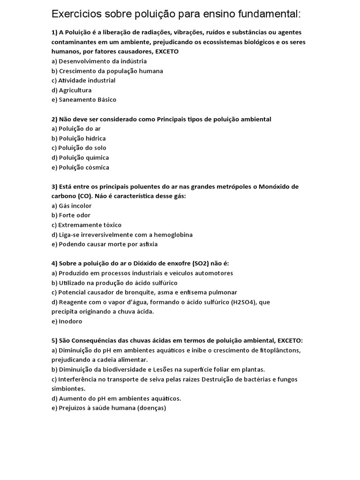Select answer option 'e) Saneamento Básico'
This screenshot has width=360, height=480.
(x=84, y=100)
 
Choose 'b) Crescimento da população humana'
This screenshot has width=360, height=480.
(x=107, y=71)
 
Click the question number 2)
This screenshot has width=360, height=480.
(x=54, y=120)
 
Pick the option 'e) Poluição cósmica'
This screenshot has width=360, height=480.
(x=80, y=167)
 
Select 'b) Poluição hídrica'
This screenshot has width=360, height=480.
(x=79, y=138)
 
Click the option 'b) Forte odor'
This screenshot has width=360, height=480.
(x=71, y=215)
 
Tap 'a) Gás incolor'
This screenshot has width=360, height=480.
(x=72, y=206)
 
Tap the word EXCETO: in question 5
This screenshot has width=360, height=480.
(x=290, y=340)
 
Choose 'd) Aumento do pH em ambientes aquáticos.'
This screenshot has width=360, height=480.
(x=116, y=398)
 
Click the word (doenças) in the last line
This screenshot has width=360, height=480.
(x=149, y=408)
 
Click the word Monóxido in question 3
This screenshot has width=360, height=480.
(x=274, y=187)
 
